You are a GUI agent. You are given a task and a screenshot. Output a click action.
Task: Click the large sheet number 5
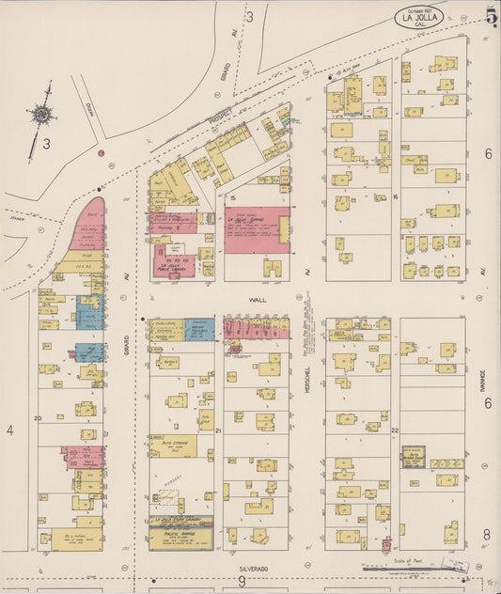(x=491, y=16)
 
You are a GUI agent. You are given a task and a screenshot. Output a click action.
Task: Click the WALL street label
(x=258, y=300)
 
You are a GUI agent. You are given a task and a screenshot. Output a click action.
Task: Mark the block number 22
(x=395, y=430)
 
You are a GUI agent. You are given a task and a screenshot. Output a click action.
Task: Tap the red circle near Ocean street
(x=101, y=152)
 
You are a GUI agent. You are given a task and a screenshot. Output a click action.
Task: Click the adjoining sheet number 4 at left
(x=9, y=430)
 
